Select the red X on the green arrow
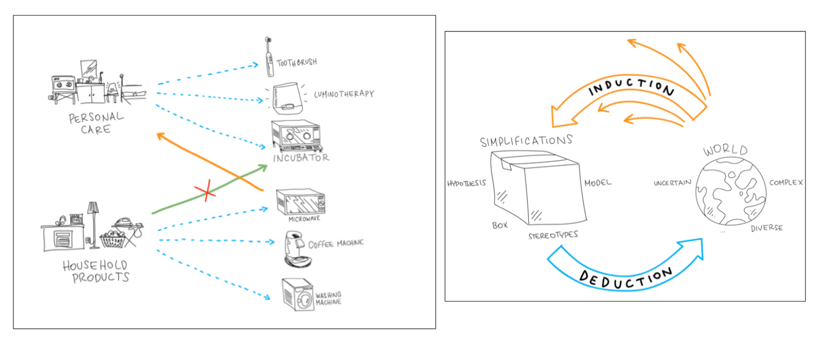click(x=205, y=193)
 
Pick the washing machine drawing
click(x=298, y=294)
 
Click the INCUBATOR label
click(x=301, y=158)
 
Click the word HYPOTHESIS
click(x=467, y=183)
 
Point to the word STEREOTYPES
click(x=553, y=235)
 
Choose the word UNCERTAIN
click(x=672, y=183)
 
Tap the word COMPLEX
click(x=786, y=183)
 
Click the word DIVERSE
click(x=767, y=228)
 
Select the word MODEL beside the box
click(x=598, y=183)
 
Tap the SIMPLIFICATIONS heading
click(x=526, y=142)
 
